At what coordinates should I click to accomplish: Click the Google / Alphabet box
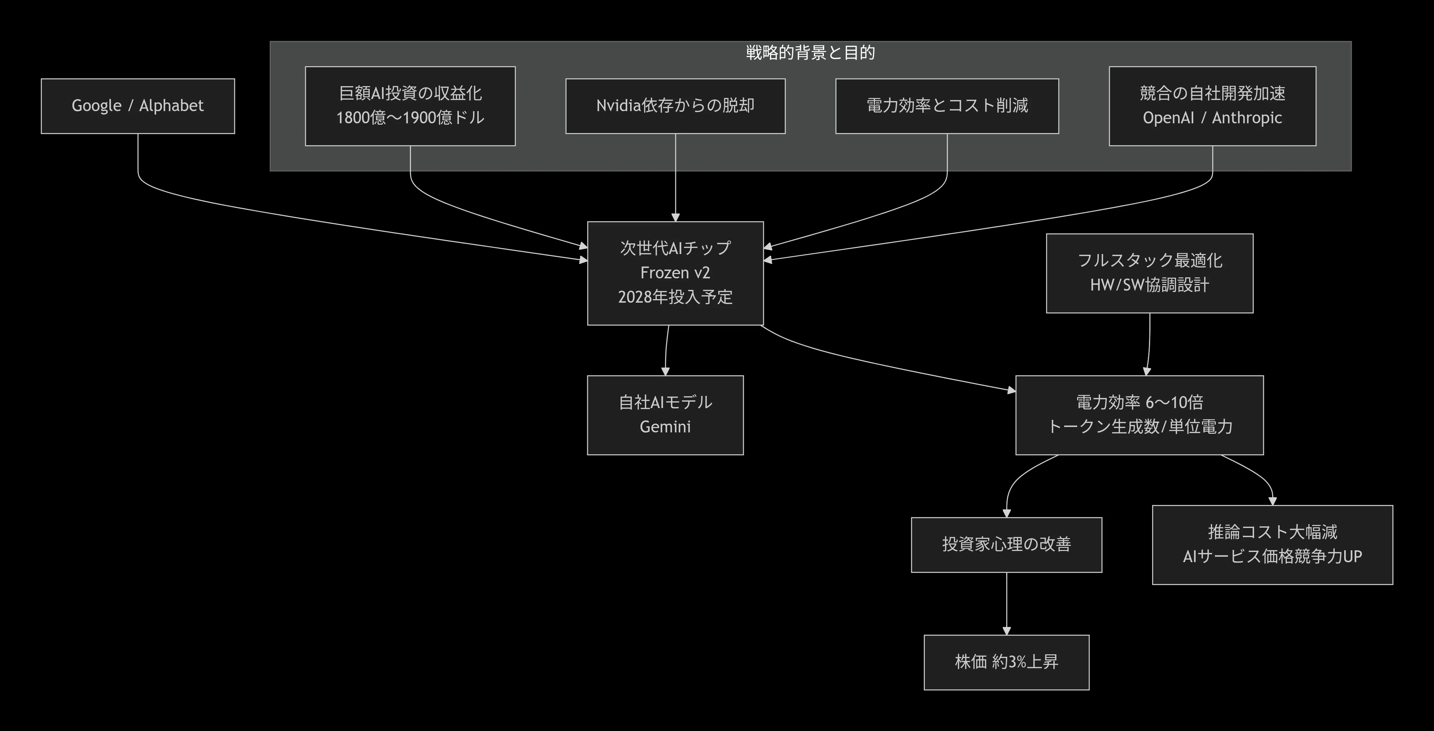137,106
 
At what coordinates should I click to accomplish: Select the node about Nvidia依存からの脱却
675,106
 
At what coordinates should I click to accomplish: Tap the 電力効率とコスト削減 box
947,106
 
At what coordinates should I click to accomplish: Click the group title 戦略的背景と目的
810,53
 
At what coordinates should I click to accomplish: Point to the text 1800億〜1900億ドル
410,118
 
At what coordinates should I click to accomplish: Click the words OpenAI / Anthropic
1213,118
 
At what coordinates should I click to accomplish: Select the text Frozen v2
675,273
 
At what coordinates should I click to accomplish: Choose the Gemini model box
665,415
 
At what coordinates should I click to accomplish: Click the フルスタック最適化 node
1150,273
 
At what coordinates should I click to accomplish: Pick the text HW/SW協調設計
1150,285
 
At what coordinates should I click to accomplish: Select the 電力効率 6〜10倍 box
1140,415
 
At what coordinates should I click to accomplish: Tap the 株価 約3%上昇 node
1007,662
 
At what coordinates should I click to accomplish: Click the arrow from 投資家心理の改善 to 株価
1007,604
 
